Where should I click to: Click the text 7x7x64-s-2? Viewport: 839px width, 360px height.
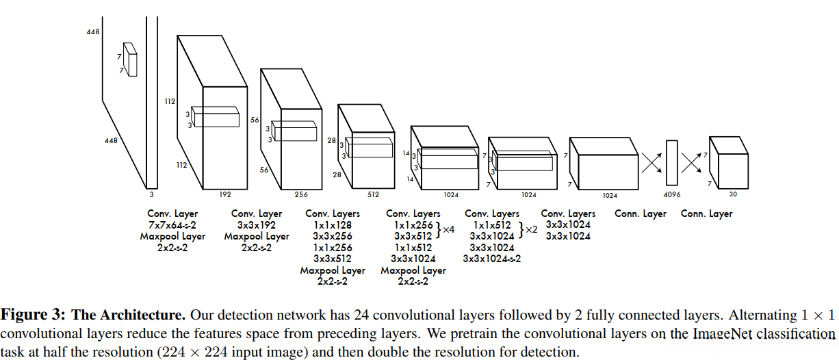point(172,225)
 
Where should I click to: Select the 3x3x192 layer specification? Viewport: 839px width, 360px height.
point(257,225)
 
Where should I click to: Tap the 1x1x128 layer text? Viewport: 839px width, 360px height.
point(333,225)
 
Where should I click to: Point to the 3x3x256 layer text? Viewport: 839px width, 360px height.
point(333,236)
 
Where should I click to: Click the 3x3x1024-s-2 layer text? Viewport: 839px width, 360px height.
point(491,258)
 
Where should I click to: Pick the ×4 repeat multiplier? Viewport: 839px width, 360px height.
point(448,230)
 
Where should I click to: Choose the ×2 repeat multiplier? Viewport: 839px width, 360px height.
point(531,230)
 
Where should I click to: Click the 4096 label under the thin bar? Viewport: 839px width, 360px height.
point(672,195)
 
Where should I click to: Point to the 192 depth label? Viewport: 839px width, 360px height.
point(224,194)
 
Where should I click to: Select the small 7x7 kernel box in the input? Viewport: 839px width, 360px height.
point(130,59)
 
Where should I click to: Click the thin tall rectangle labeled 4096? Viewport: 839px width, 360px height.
point(672,162)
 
